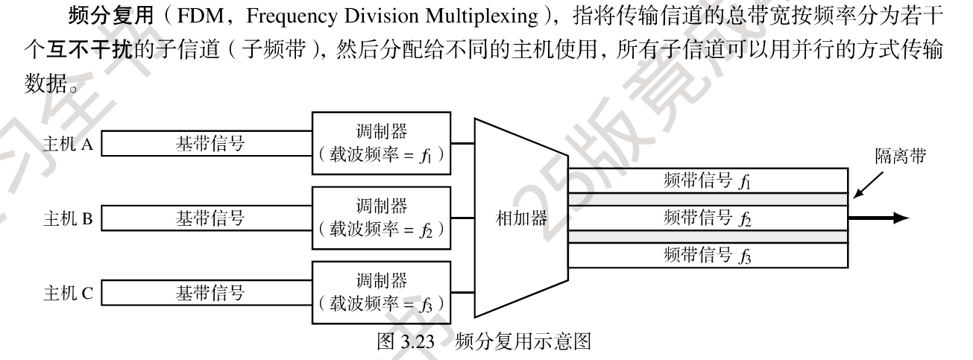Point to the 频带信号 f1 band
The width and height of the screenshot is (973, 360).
click(708, 180)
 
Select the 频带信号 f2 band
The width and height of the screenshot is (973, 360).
click(708, 218)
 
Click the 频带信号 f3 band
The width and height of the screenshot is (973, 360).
click(708, 255)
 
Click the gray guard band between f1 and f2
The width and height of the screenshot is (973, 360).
click(708, 199)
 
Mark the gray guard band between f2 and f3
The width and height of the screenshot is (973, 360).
click(708, 236)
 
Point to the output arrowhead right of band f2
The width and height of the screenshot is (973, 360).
click(900, 218)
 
